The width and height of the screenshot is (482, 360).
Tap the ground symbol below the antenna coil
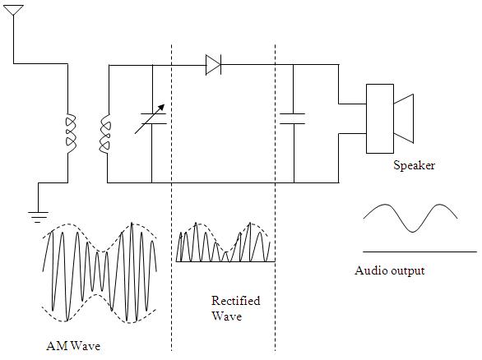(38, 216)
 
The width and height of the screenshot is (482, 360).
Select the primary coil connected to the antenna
(70, 132)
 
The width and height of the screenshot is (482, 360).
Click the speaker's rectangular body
(379, 118)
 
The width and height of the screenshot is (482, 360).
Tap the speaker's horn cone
(404, 118)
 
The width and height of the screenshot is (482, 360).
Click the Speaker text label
(414, 165)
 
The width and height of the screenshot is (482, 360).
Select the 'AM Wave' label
(74, 346)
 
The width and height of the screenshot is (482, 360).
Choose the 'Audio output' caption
(389, 270)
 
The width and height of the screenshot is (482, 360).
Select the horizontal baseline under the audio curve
(419, 252)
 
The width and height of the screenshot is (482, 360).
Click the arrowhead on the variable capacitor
(162, 106)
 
